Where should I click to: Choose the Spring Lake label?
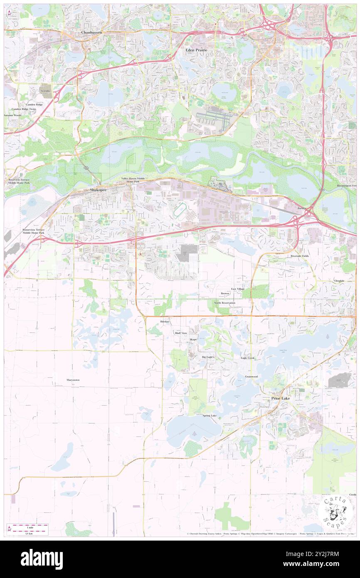(x=210, y=415)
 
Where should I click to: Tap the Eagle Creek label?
(x=248, y=358)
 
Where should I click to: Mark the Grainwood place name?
(x=251, y=376)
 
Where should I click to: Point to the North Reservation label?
(x=224, y=303)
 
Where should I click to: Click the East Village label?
(x=238, y=289)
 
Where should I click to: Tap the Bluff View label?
(x=181, y=333)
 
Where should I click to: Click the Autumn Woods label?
(x=12, y=115)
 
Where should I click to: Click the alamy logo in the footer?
(x=42, y=559)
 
